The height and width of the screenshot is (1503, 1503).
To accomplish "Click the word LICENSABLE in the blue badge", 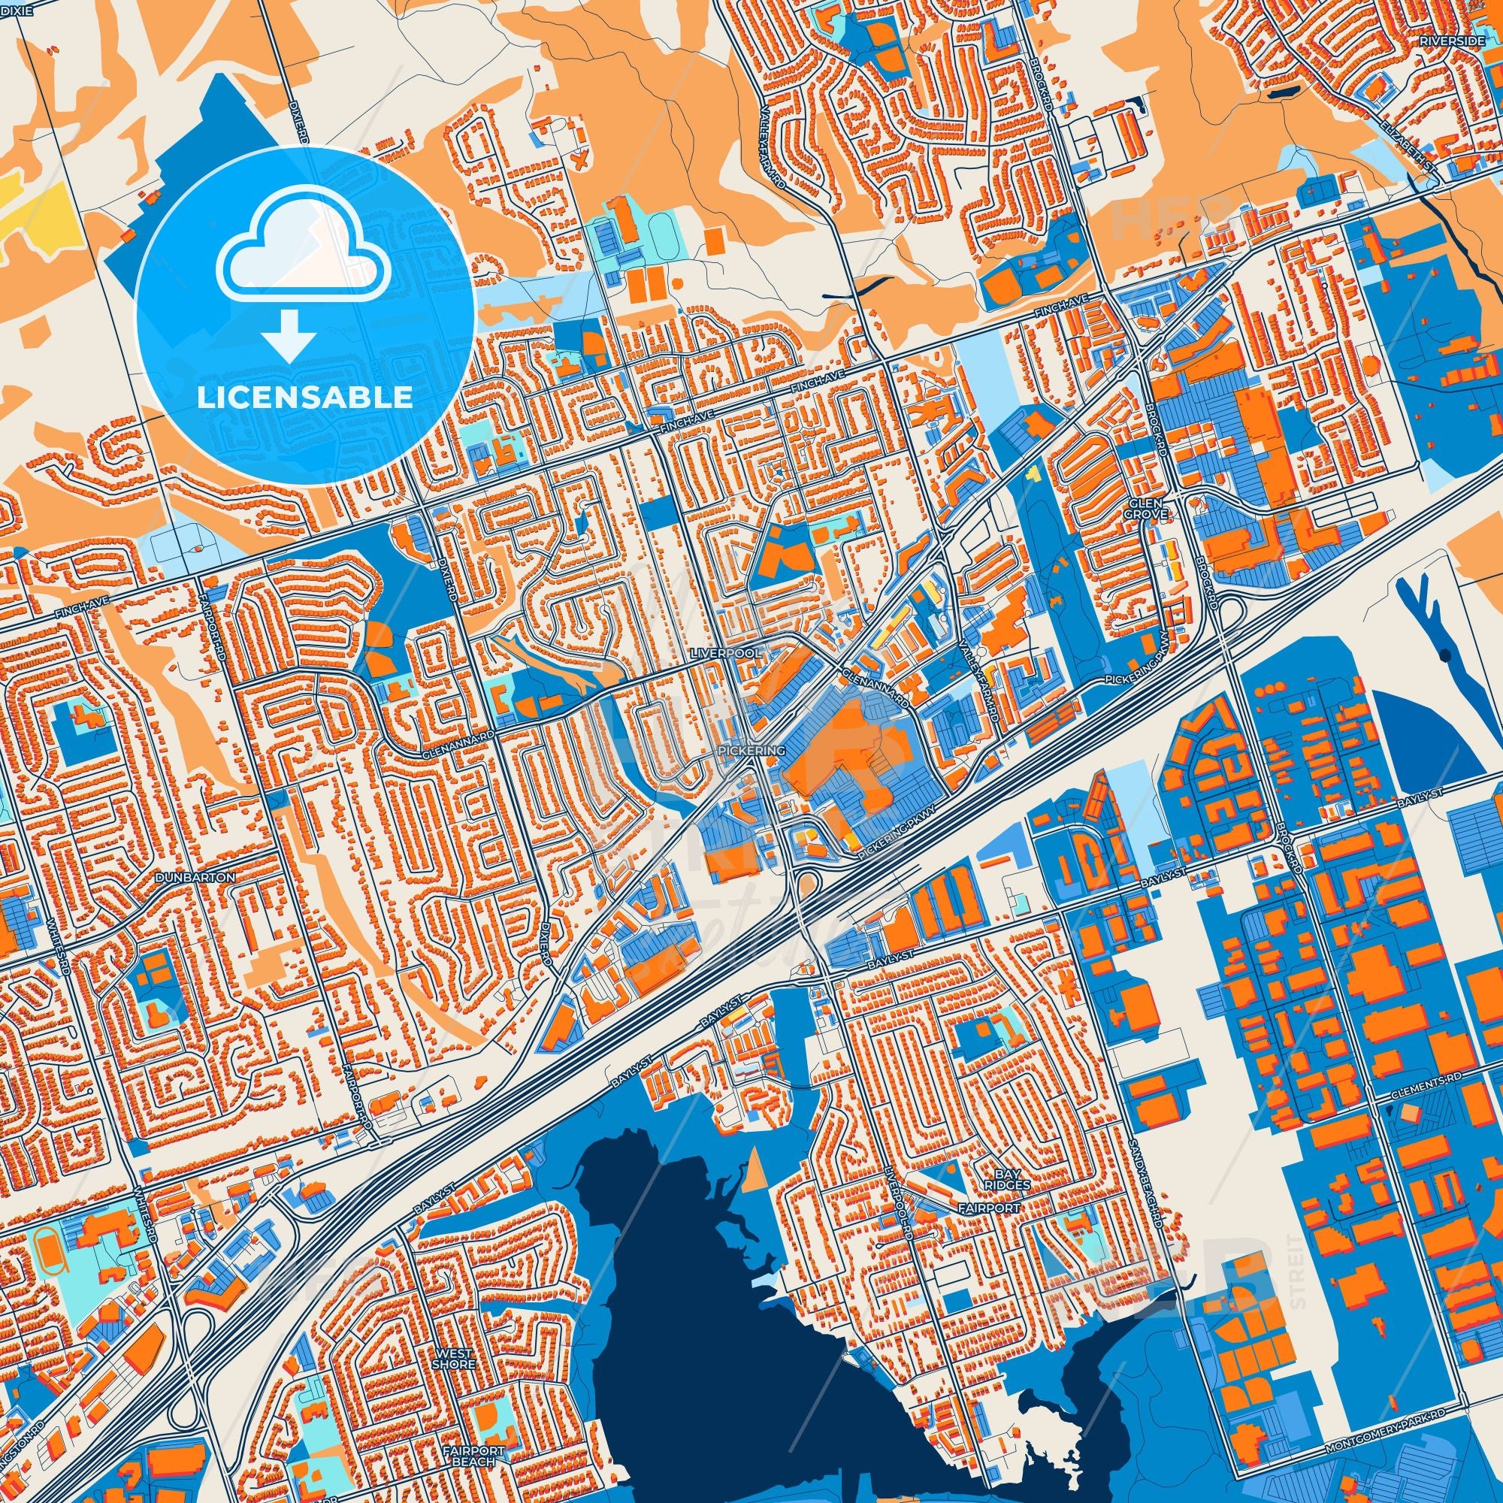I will tap(304, 397).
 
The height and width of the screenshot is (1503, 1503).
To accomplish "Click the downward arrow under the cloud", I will tap(288, 335).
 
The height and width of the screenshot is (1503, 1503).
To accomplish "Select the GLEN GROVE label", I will tap(1148, 509).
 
